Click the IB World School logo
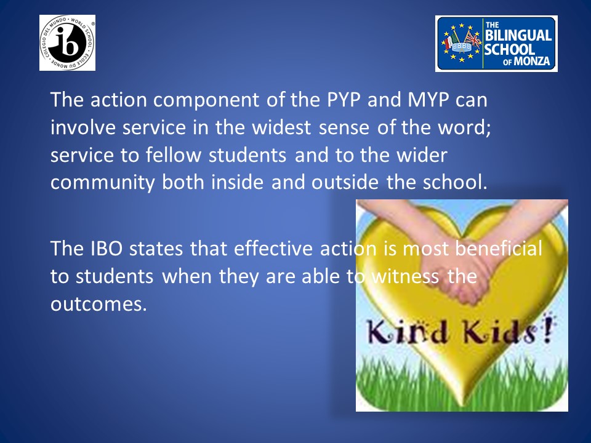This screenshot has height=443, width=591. click(x=68, y=42)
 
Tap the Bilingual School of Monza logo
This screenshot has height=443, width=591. click(x=496, y=44)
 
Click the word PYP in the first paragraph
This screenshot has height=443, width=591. click(x=343, y=100)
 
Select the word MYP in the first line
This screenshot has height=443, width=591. click(x=428, y=100)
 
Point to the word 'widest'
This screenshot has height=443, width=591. click(x=281, y=127)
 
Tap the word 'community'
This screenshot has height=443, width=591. click(x=103, y=183)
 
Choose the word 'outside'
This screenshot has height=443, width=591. click(x=345, y=182)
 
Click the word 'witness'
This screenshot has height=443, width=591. click(x=405, y=276)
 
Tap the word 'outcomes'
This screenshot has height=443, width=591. click(x=98, y=304)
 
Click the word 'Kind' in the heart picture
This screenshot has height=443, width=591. click(x=408, y=332)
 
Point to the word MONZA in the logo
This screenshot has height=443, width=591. click(x=531, y=61)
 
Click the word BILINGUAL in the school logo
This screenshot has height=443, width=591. click(x=518, y=36)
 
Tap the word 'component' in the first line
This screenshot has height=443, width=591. click(x=206, y=100)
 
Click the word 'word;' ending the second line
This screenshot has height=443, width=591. click(x=464, y=127)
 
